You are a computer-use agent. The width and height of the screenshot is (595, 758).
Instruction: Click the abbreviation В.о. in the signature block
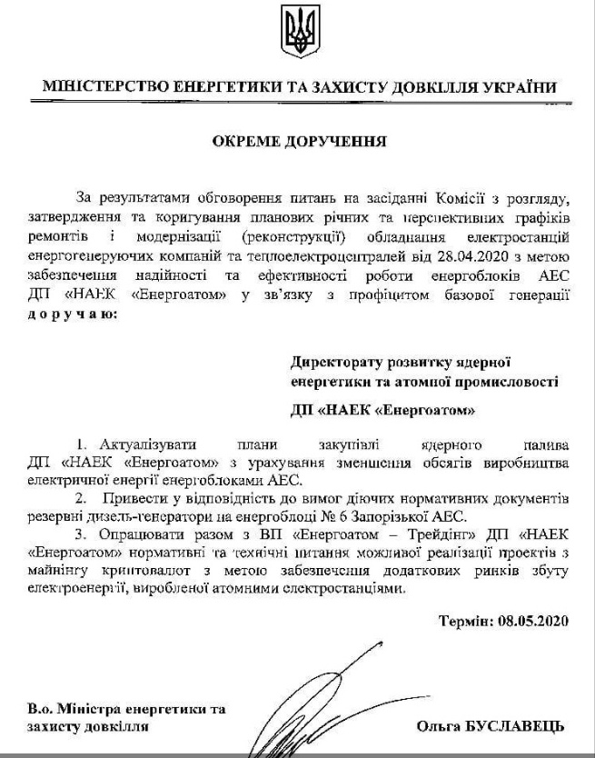(43, 709)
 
